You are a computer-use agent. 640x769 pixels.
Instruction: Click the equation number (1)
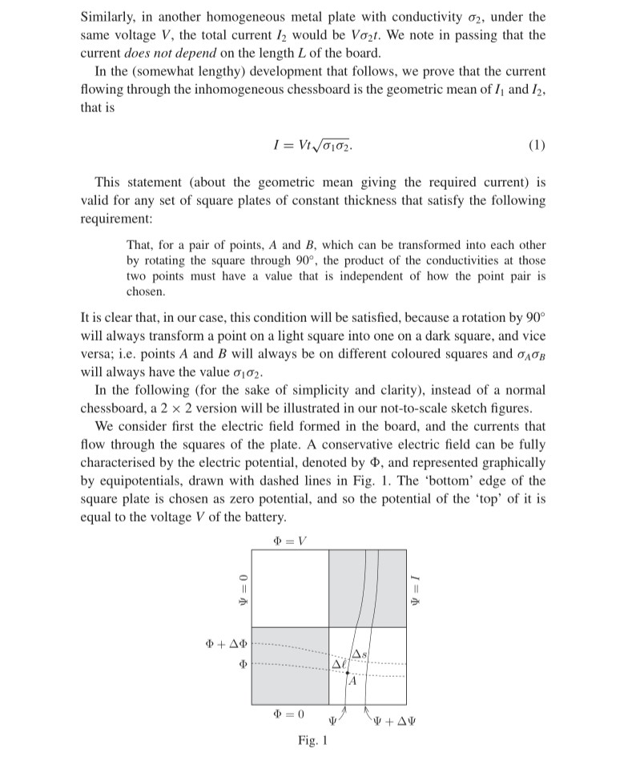(x=537, y=146)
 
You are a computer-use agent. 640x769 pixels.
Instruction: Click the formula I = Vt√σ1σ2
(x=312, y=146)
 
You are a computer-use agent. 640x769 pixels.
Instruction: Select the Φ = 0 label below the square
(x=289, y=713)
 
